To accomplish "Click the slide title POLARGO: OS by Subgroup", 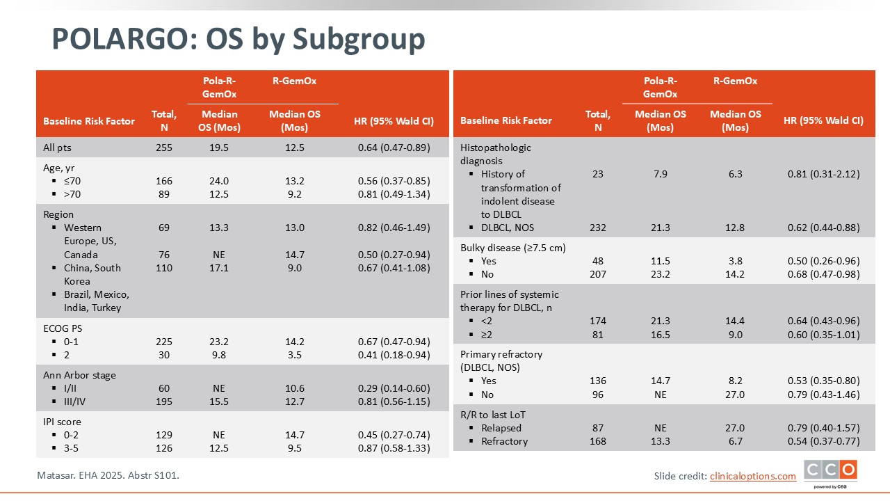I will (x=238, y=40).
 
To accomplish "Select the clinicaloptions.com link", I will (x=752, y=476).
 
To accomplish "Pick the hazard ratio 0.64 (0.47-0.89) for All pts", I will (x=394, y=148).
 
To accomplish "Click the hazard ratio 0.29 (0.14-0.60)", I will (x=394, y=388).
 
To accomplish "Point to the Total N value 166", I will (x=164, y=181).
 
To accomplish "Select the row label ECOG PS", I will (x=63, y=328).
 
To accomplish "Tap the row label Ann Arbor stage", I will (x=79, y=375).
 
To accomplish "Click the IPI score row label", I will (x=67, y=422).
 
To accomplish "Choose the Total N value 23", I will (x=598, y=174).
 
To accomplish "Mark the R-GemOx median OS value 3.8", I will (x=736, y=261).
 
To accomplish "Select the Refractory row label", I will (x=504, y=441).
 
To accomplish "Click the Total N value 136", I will (x=598, y=381).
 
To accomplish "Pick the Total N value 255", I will (x=164, y=148).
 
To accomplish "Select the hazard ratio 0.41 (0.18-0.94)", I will (x=394, y=355).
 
